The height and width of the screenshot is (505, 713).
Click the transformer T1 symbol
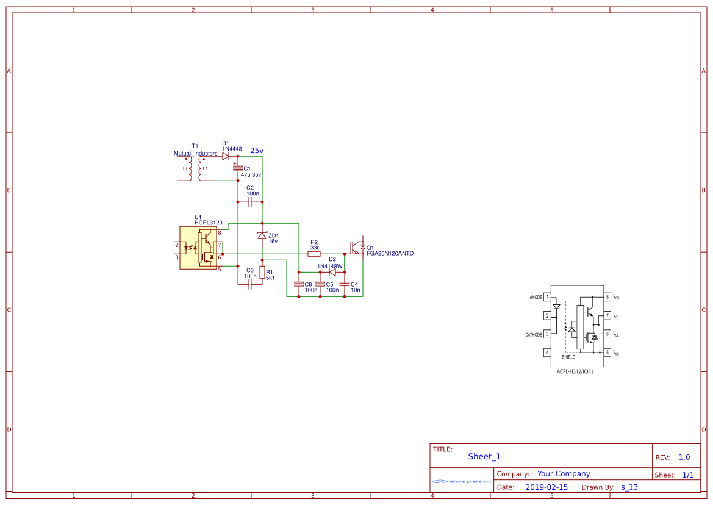tap(195, 168)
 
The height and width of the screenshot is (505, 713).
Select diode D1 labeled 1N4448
tap(226, 156)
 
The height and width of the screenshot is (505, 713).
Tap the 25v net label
tap(257, 151)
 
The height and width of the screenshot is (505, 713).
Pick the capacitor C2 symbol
tap(249, 201)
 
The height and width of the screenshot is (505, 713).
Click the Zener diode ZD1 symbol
tap(262, 235)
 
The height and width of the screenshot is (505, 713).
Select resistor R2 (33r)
tap(314, 253)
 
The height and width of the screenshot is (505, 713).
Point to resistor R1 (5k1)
tap(262, 273)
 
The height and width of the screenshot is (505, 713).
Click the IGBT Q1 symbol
tap(358, 247)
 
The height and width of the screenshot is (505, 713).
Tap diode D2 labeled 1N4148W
tap(332, 272)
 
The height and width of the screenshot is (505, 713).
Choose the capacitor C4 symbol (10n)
tap(345, 284)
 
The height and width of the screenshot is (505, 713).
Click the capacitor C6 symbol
tap(298, 284)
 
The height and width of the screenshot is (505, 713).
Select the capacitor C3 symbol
tap(249, 284)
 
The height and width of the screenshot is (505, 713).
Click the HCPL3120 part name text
tap(208, 223)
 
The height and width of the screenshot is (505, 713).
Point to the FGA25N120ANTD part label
tap(390, 253)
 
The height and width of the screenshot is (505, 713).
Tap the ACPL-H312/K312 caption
tap(575, 371)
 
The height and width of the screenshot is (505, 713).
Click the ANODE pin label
tap(536, 298)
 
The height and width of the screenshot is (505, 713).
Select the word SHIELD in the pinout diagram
tap(568, 357)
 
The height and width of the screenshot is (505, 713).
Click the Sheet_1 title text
tap(484, 456)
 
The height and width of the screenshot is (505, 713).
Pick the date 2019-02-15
tap(546, 487)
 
